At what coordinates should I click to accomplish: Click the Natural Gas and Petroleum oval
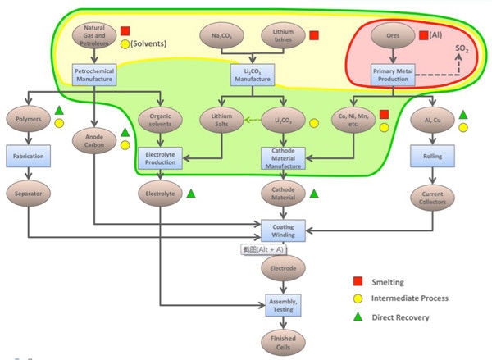[x=95, y=36]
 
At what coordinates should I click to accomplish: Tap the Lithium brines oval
[x=284, y=35]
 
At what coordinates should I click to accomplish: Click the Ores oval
[x=392, y=35]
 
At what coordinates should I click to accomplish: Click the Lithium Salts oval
[x=221, y=121]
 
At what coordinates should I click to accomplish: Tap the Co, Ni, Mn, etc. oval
[x=353, y=121]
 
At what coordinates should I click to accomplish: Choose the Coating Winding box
[x=283, y=230]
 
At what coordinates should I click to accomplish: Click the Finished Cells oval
[x=282, y=339]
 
